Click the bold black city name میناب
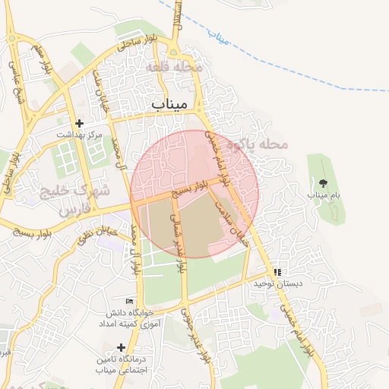[174, 103]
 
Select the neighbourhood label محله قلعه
[179, 68]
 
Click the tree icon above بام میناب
[324, 183]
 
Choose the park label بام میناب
[321, 195]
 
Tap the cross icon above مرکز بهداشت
[79, 123]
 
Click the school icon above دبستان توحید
[277, 272]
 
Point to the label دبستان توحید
[274, 283]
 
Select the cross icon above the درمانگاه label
[121, 347]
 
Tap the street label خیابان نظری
[98, 231]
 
